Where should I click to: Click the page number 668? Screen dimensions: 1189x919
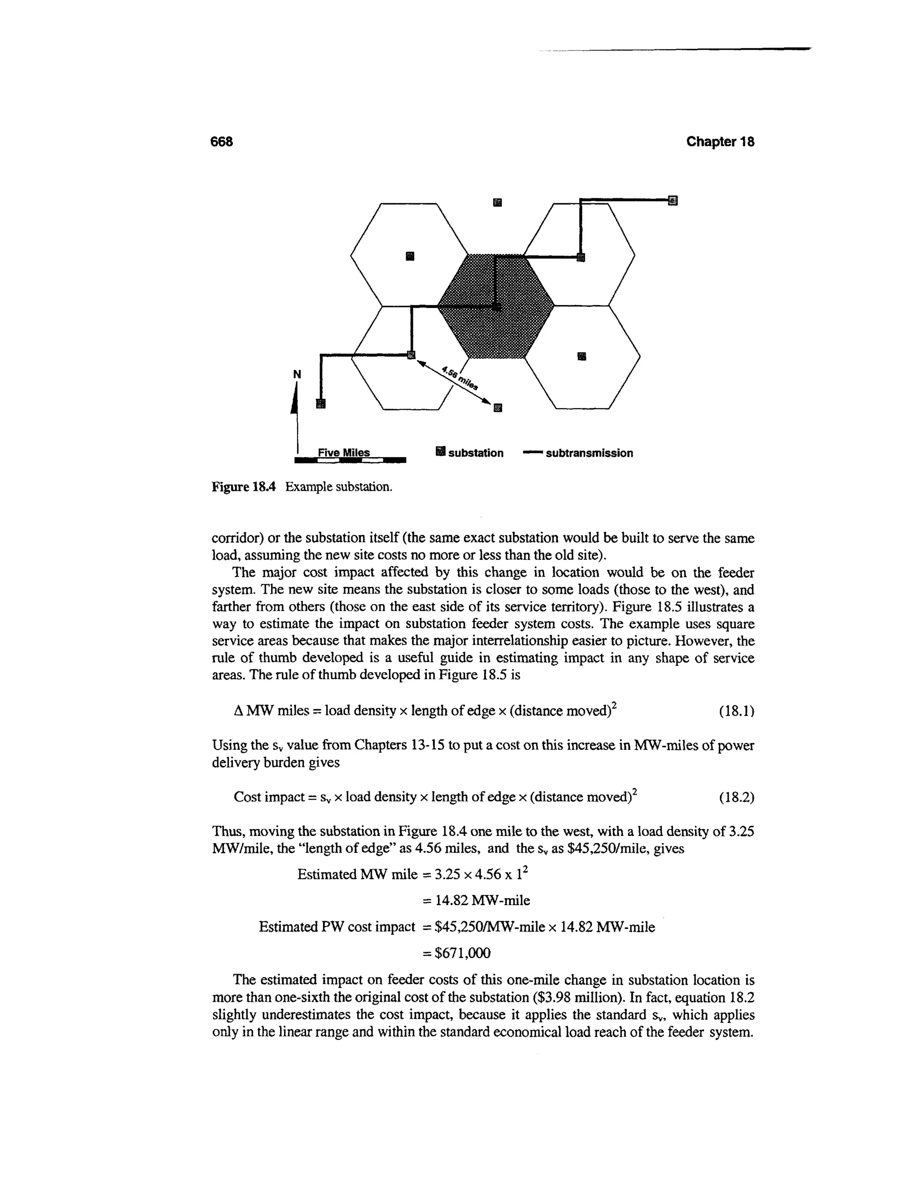(x=222, y=141)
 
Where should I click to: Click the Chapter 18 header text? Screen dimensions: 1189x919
(x=720, y=141)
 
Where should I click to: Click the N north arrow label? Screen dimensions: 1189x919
(x=297, y=374)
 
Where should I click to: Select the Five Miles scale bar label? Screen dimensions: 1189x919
(x=344, y=452)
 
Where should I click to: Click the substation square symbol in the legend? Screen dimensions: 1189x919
(x=441, y=451)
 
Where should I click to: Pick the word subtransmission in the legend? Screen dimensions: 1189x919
(x=589, y=453)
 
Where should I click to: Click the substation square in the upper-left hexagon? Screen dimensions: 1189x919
(x=410, y=255)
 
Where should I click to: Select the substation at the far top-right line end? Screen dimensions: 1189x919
(x=673, y=201)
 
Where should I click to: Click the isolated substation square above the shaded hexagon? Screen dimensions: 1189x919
(x=497, y=202)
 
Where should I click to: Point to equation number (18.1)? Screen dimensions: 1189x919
(x=736, y=711)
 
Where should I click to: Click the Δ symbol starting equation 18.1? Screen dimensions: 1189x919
(x=237, y=712)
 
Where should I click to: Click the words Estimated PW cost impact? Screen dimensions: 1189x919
(x=337, y=927)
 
